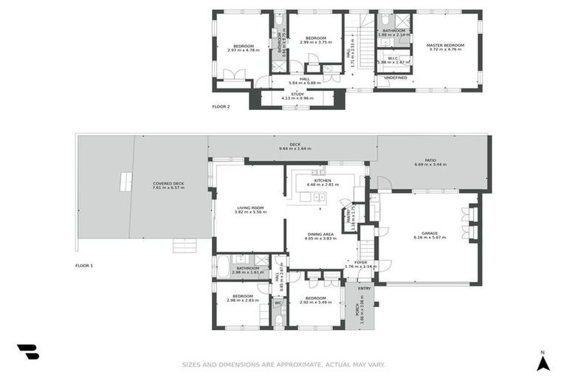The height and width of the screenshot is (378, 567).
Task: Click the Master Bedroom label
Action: pyautogui.click(x=445, y=45)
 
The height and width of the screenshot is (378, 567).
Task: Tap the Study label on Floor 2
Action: pyautogui.click(x=297, y=94)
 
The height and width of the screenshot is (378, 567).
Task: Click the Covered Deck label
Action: pyautogui.click(x=168, y=184)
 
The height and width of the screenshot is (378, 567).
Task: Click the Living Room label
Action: pyautogui.click(x=250, y=207)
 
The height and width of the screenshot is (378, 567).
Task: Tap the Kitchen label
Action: pyautogui.click(x=323, y=180)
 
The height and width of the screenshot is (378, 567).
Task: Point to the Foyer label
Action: pyautogui.click(x=361, y=262)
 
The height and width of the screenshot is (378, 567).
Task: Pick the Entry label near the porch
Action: pyautogui.click(x=364, y=287)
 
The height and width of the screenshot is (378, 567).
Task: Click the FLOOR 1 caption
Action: pyautogui.click(x=84, y=265)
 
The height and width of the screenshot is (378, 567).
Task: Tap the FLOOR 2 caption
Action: pyautogui.click(x=221, y=107)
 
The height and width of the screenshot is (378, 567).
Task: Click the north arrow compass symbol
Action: pyautogui.click(x=543, y=362)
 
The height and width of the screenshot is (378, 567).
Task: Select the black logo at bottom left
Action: pyautogui.click(x=28, y=351)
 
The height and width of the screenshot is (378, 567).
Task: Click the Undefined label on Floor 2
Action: pyautogui.click(x=396, y=78)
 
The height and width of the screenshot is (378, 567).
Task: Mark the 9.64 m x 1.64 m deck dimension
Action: pyautogui.click(x=295, y=149)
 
